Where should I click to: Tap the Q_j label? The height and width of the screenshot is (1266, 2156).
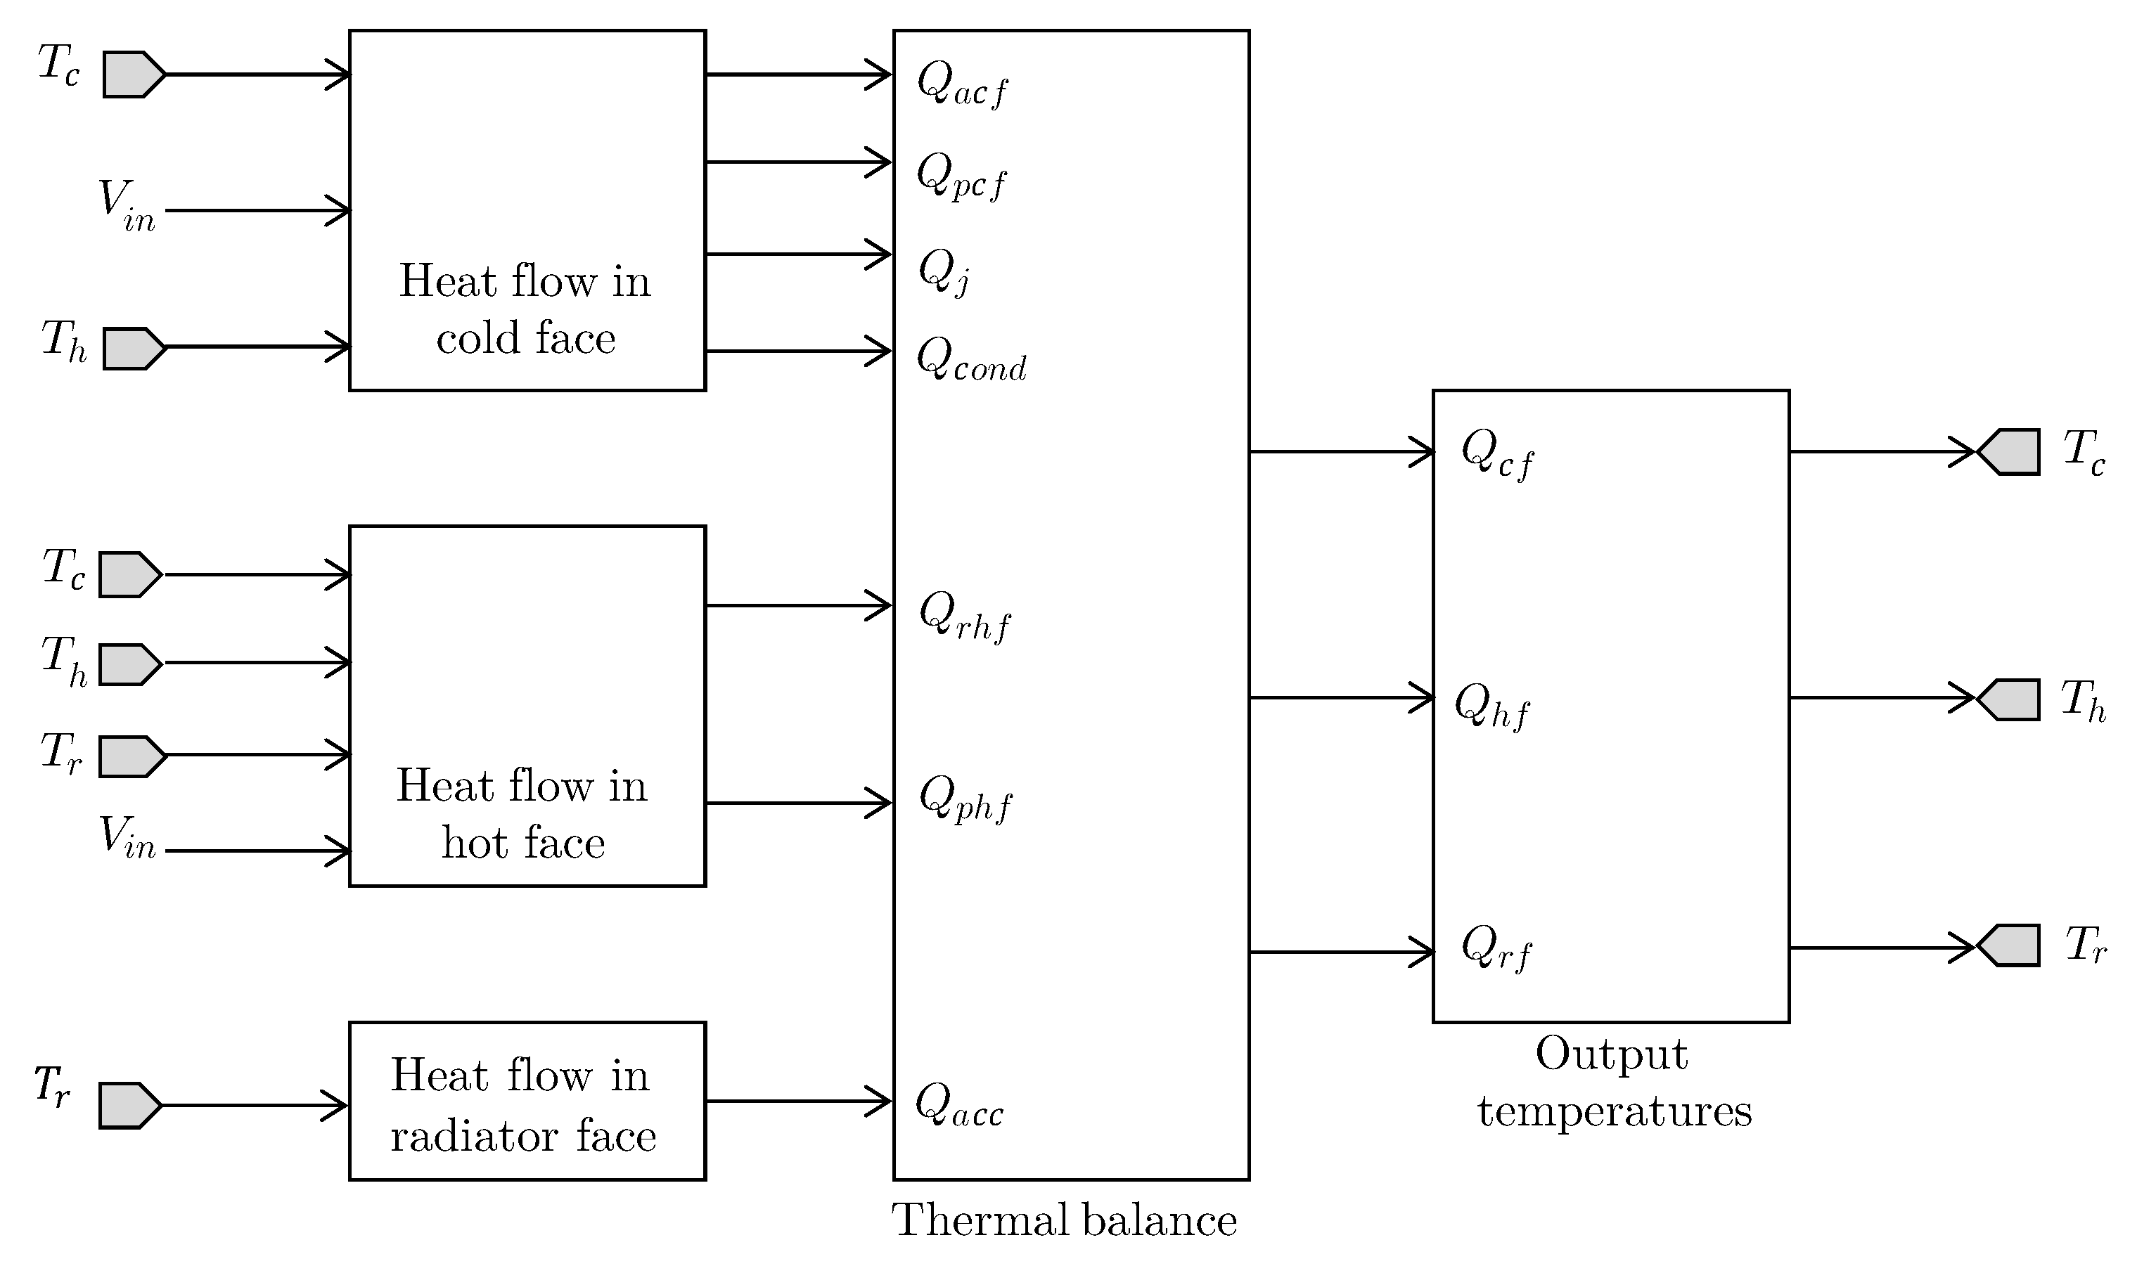point(944,273)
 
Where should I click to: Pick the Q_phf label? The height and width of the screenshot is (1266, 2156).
point(965,800)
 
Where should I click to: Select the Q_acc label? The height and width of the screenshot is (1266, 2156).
point(959,1105)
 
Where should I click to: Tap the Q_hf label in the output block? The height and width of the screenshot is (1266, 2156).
point(1492,706)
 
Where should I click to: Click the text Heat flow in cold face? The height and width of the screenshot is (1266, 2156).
point(525,310)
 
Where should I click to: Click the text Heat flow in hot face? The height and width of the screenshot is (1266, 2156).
point(522,813)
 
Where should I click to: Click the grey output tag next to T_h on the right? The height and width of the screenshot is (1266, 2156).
point(2010,699)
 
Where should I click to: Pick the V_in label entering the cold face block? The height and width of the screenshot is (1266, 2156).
point(127,206)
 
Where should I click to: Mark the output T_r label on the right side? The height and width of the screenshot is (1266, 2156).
point(2086,946)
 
